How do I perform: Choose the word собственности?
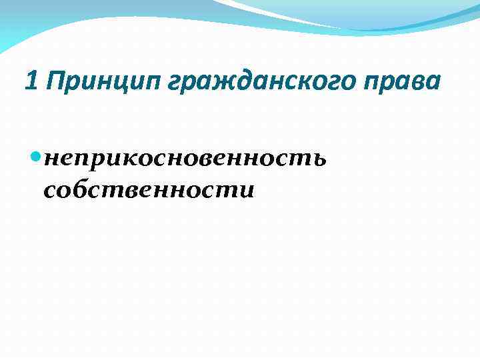[149, 191]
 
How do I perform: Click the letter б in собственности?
[78, 189]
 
